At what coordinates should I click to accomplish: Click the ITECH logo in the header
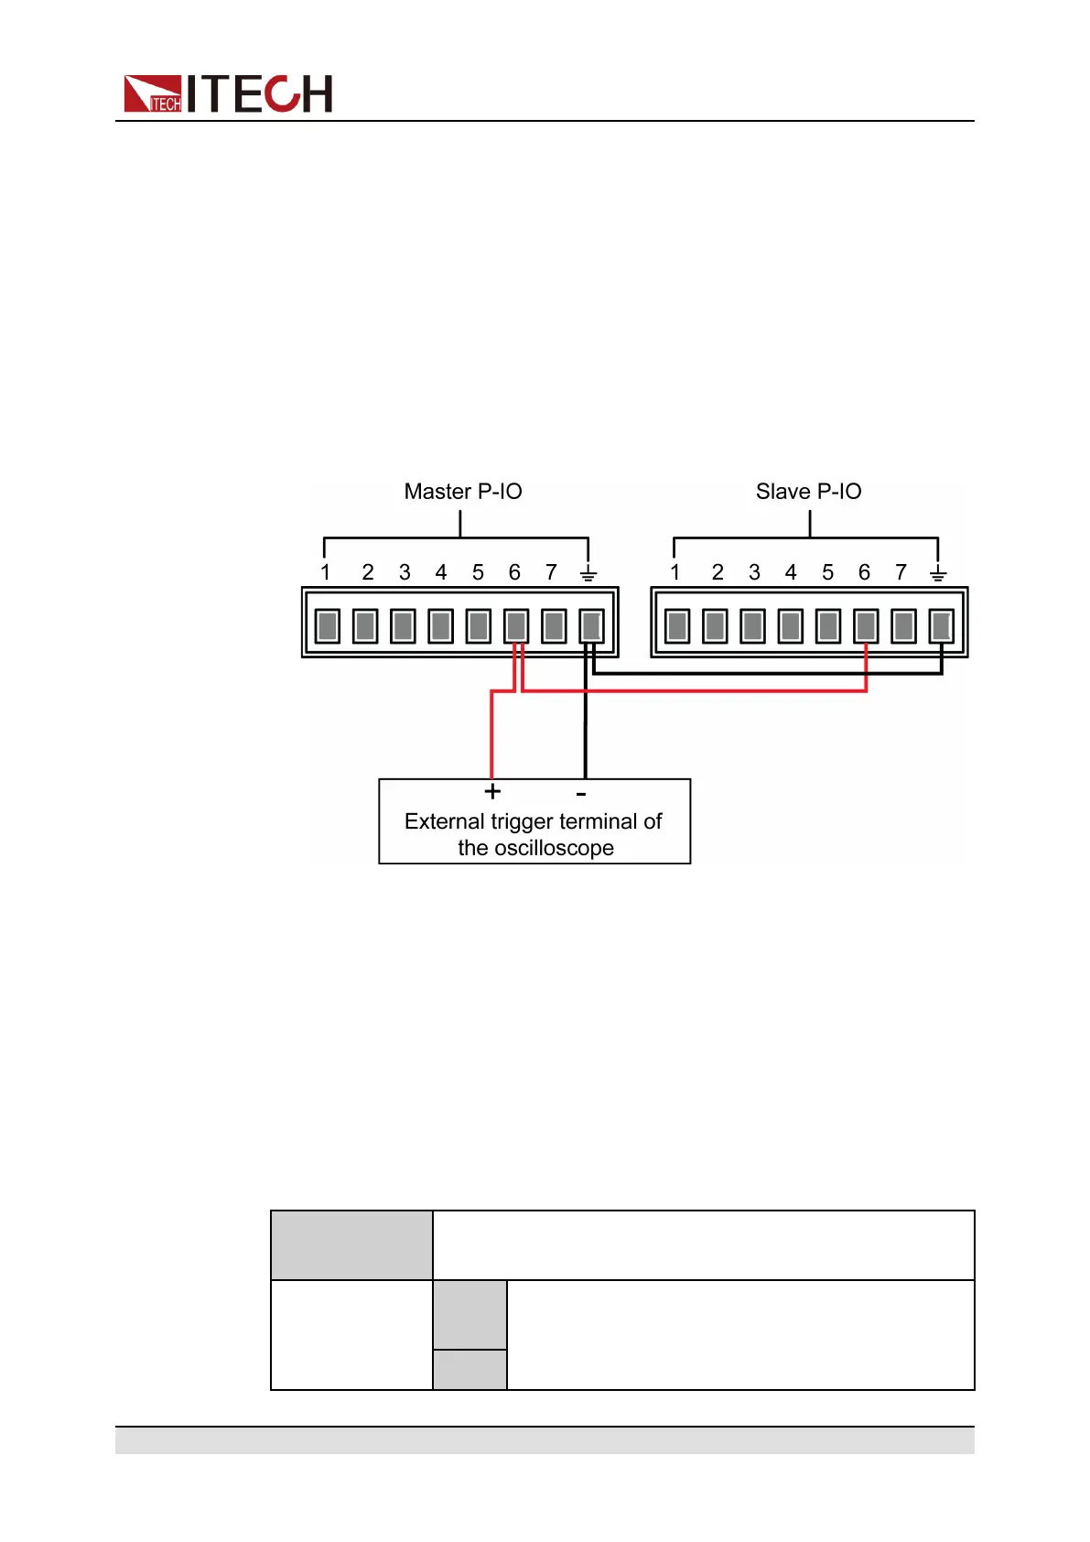(x=228, y=93)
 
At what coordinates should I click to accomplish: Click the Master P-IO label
(x=463, y=492)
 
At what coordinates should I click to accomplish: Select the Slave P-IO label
(x=808, y=492)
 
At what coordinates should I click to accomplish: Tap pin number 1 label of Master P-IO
(x=325, y=572)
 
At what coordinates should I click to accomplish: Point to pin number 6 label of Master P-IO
(x=514, y=572)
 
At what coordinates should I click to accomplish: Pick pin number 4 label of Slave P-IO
(x=791, y=572)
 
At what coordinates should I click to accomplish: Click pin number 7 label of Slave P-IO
(x=901, y=572)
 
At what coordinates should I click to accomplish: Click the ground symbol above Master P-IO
(x=588, y=573)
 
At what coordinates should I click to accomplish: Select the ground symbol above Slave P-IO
(x=937, y=573)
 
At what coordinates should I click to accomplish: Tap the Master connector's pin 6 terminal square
(x=516, y=626)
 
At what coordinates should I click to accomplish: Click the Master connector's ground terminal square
(x=591, y=626)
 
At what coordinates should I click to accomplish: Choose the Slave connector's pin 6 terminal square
(x=866, y=626)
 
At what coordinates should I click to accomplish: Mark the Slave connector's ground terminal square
(x=941, y=626)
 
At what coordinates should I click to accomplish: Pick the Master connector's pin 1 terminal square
(x=328, y=626)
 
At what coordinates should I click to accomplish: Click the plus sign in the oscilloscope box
(x=492, y=791)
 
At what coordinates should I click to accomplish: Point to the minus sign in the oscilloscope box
(x=581, y=793)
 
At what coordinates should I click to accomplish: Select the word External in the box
(x=445, y=821)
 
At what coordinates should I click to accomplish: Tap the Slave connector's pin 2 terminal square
(x=715, y=626)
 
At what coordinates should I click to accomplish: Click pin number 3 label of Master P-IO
(x=405, y=572)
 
